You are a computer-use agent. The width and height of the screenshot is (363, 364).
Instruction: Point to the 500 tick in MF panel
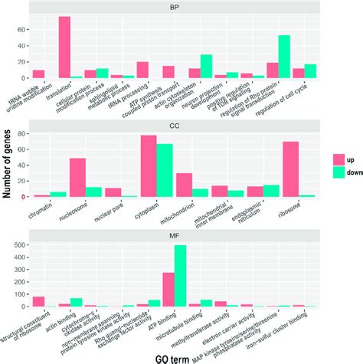click(21, 246)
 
